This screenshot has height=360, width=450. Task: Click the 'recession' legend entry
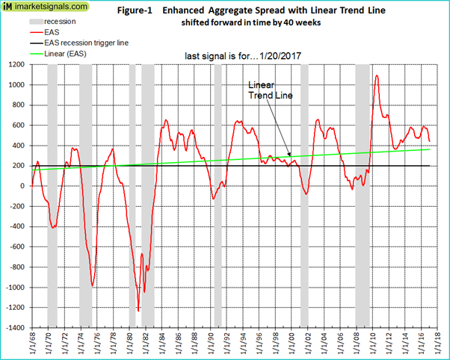[x=59, y=21]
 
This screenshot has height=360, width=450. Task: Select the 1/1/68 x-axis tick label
[x=31, y=345]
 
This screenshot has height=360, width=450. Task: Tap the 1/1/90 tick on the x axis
[x=208, y=345]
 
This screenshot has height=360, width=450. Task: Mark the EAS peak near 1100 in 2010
[x=376, y=75]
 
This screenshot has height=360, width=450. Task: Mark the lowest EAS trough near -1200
[x=138, y=309]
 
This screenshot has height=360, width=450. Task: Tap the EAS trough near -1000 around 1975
[x=92, y=285]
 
